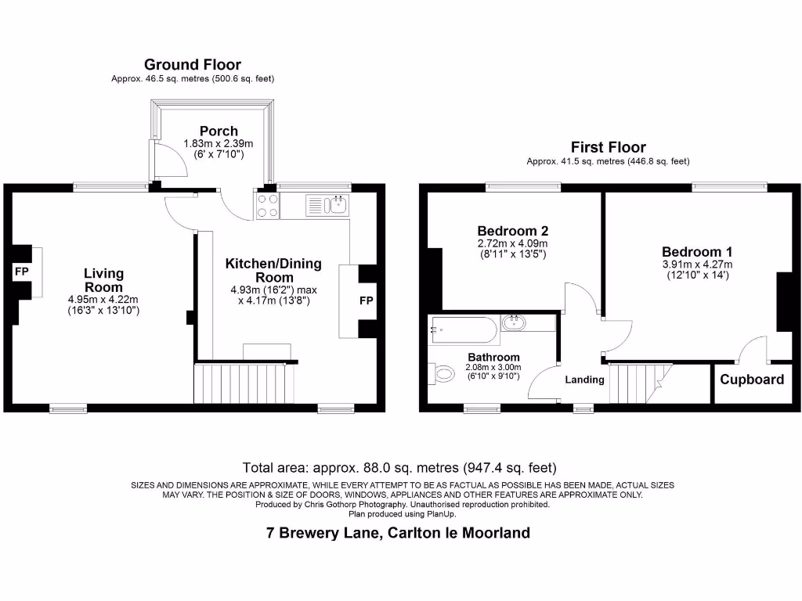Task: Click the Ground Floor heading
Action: point(192,65)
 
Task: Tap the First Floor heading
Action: point(608,147)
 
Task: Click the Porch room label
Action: point(219,131)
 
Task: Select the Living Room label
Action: point(103,280)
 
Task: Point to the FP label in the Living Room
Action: point(20,272)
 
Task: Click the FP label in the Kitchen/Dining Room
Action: point(366,300)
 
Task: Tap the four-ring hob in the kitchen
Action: point(266,206)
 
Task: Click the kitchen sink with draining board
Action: point(327,206)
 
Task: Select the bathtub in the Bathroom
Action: point(464,331)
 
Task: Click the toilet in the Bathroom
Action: point(443,374)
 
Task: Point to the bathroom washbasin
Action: point(515,322)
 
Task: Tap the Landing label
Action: point(584,380)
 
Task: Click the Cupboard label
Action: point(752,380)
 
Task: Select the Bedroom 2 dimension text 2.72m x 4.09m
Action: point(512,243)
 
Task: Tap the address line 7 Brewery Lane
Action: point(398,533)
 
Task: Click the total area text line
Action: point(399,468)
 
